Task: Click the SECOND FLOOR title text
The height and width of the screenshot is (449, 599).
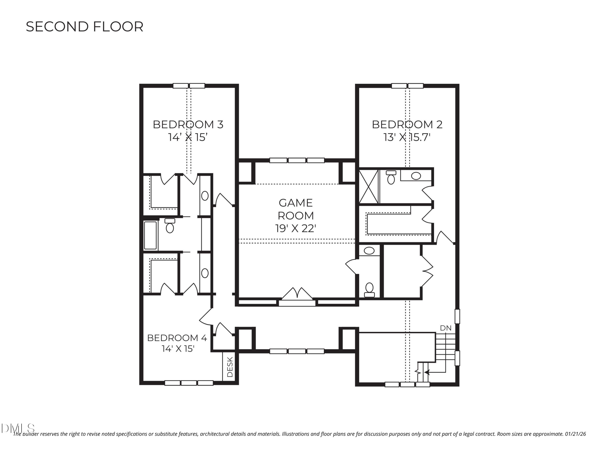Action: [x=84, y=27]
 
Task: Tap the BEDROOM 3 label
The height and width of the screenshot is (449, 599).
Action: [x=188, y=125]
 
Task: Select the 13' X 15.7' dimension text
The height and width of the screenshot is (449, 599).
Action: [x=407, y=137]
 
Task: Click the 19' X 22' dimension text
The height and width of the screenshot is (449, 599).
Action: [x=296, y=228]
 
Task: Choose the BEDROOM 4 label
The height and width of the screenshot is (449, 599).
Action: [x=177, y=338]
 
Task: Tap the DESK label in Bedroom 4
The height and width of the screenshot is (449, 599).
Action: [x=230, y=367]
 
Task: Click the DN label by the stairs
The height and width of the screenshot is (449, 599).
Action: [x=445, y=328]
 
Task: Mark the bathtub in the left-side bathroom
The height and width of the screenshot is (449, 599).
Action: [x=150, y=235]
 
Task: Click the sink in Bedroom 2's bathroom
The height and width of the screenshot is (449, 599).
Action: [x=416, y=176]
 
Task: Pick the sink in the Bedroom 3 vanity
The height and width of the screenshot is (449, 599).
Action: [x=205, y=196]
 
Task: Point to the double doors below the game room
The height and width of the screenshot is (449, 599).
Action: [x=297, y=294]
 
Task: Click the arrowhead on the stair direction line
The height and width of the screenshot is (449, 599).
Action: [x=426, y=372]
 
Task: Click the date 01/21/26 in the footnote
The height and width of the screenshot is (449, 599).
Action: [x=575, y=434]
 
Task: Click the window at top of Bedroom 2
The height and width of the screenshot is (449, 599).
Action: [x=407, y=86]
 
